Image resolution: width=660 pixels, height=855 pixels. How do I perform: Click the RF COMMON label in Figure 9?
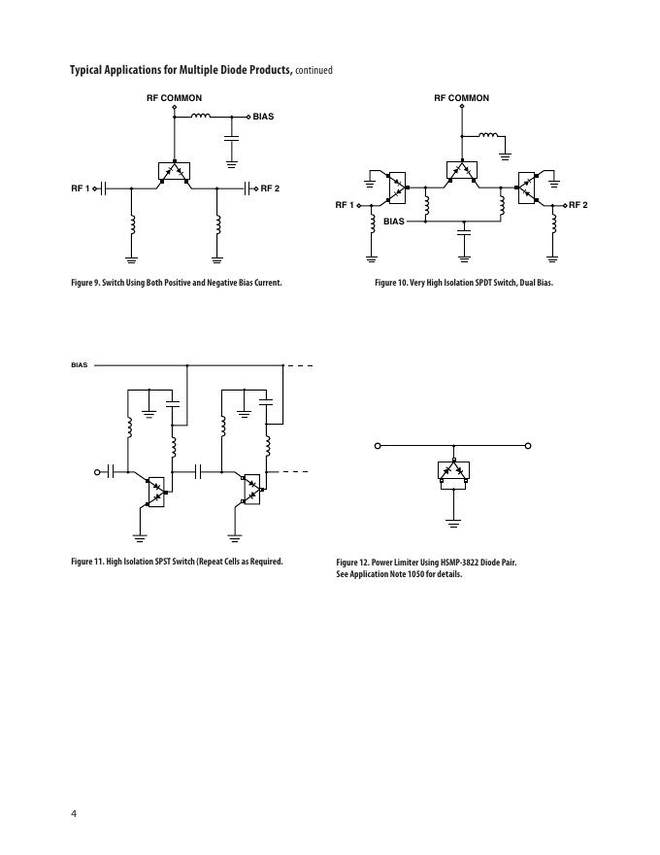pyautogui.click(x=175, y=98)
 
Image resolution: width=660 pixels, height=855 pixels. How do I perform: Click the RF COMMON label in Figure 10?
pyautogui.click(x=461, y=98)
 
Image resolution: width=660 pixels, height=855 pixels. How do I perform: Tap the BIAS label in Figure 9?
pyautogui.click(x=263, y=117)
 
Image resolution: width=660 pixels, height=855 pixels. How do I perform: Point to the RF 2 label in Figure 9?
pyautogui.click(x=270, y=188)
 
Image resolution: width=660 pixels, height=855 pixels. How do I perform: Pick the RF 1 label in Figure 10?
pyautogui.click(x=345, y=205)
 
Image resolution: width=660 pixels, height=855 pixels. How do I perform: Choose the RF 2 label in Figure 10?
pyautogui.click(x=578, y=205)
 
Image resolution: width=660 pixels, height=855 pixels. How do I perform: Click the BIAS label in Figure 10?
pyautogui.click(x=393, y=222)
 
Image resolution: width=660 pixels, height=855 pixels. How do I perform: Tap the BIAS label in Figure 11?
pyautogui.click(x=79, y=365)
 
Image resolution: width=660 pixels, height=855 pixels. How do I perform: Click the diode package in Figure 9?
pyautogui.click(x=175, y=173)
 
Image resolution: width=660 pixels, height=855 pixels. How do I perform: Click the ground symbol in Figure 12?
pyautogui.click(x=452, y=522)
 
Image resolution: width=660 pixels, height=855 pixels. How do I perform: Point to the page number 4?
pyautogui.click(x=73, y=812)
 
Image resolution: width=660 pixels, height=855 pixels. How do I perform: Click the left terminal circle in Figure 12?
pyautogui.click(x=378, y=446)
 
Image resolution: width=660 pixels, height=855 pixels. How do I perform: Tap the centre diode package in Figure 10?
pyautogui.click(x=461, y=173)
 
